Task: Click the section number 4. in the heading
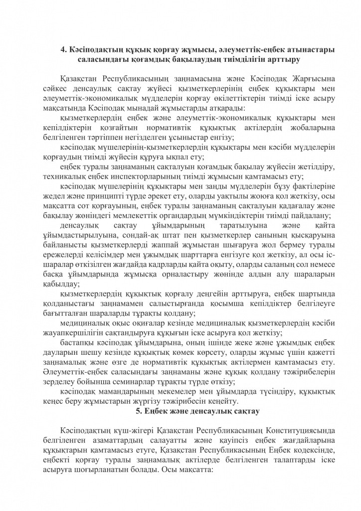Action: click(63, 49)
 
